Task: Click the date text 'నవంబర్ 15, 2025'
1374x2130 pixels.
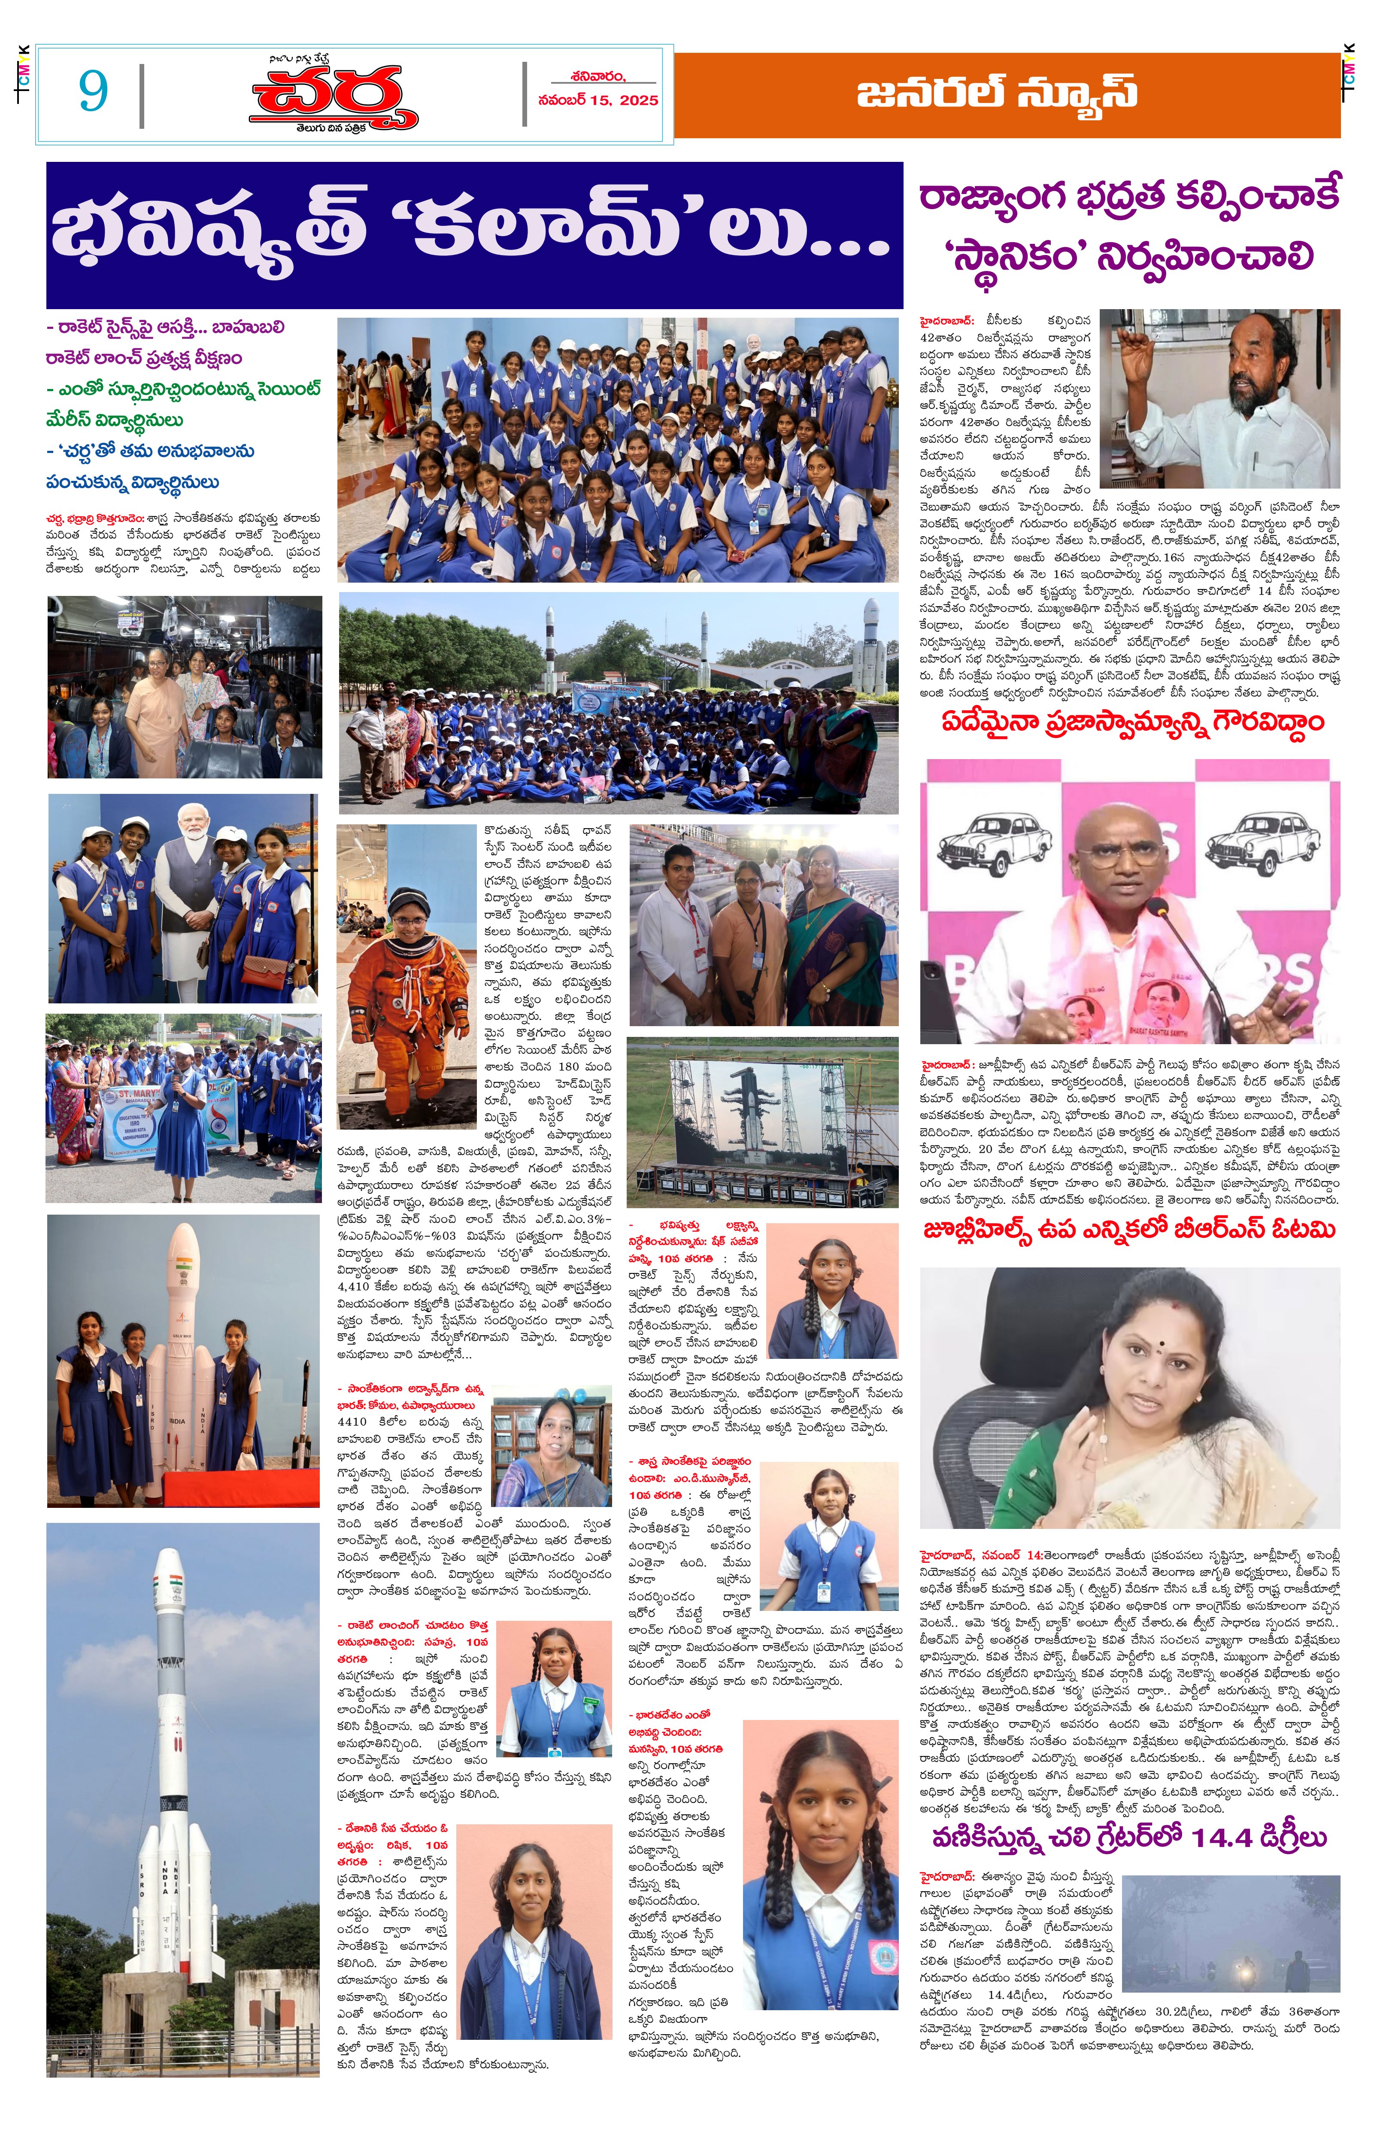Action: (x=598, y=100)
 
